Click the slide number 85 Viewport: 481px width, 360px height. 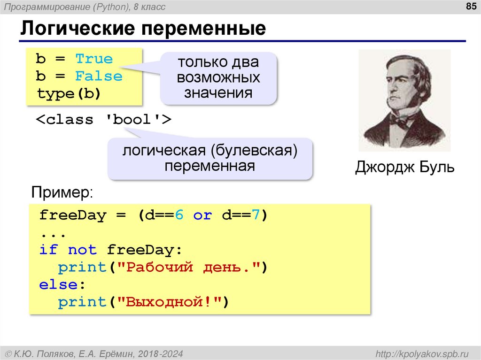(x=471, y=6)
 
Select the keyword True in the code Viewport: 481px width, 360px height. (x=94, y=59)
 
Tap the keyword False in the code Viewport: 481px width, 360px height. (x=99, y=77)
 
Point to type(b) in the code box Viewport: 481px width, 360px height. (x=69, y=94)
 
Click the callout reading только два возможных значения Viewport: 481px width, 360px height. (x=218, y=78)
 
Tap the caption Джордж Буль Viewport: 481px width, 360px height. (x=404, y=167)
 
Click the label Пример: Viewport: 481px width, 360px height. (x=62, y=192)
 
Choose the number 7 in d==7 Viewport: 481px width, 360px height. (x=256, y=215)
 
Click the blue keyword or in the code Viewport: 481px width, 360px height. (x=202, y=215)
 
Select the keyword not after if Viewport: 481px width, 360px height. (x=82, y=250)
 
